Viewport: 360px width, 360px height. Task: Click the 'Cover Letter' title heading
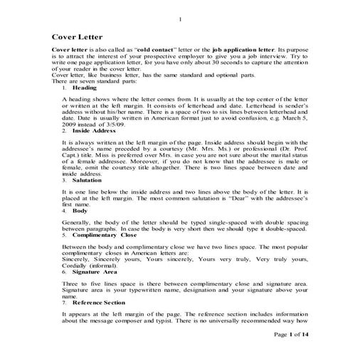click(77, 36)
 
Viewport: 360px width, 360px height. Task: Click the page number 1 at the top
click(180, 18)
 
